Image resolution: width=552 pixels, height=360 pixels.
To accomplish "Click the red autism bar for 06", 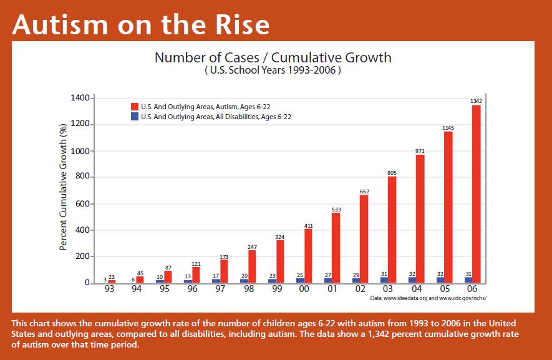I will click(x=476, y=193).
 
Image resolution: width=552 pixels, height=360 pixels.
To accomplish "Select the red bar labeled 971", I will click(x=420, y=218).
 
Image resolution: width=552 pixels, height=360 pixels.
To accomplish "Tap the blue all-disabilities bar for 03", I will click(x=384, y=280).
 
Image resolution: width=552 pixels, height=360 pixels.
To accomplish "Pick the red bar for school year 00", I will click(x=308, y=256).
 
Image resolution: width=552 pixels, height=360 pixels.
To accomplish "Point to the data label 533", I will click(x=336, y=210).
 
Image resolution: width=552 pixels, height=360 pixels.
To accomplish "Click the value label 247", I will click(x=252, y=247).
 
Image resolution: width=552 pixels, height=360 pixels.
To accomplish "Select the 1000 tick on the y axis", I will click(x=82, y=151).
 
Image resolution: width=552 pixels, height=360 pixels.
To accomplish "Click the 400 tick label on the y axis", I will click(x=84, y=230).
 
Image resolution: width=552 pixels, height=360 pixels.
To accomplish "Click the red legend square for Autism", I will click(x=134, y=107).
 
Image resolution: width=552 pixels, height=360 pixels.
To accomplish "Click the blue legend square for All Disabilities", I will click(x=134, y=117).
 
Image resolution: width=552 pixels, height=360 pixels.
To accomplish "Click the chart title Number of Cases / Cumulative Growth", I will click(x=273, y=58).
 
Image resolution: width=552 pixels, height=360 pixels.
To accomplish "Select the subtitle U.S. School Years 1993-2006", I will click(x=273, y=71).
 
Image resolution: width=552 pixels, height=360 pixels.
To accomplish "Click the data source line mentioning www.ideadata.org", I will click(x=428, y=299).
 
